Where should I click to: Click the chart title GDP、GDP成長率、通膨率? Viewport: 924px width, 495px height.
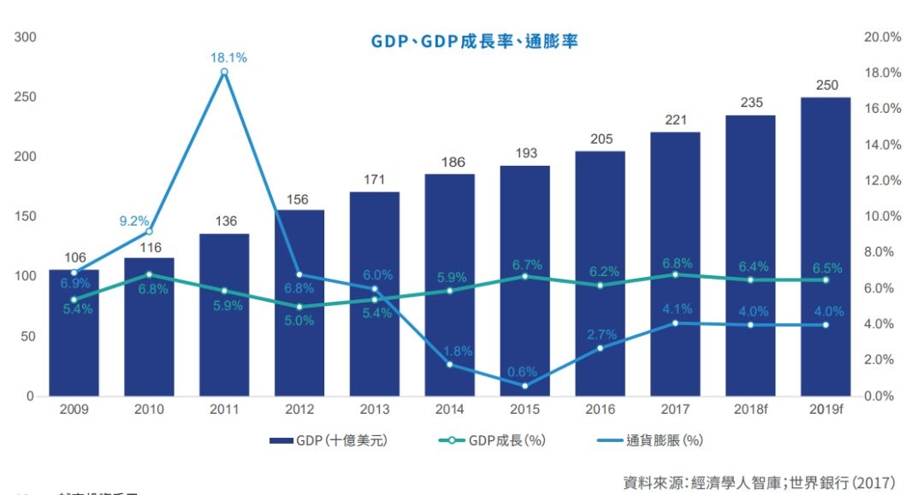(x=474, y=40)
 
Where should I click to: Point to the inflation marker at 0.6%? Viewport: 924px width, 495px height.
(x=524, y=386)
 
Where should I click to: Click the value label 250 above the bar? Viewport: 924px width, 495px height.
(x=826, y=85)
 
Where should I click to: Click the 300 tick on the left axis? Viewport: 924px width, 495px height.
(x=25, y=37)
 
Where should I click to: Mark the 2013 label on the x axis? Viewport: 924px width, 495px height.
(x=374, y=410)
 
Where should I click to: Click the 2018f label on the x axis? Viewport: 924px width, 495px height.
(x=749, y=410)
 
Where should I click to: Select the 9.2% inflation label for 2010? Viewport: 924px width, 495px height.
(x=134, y=221)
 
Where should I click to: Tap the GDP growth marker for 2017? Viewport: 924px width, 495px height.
(x=675, y=274)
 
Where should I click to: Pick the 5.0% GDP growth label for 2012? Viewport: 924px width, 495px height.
(x=299, y=321)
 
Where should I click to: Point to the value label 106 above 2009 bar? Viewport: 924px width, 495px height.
(x=74, y=257)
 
